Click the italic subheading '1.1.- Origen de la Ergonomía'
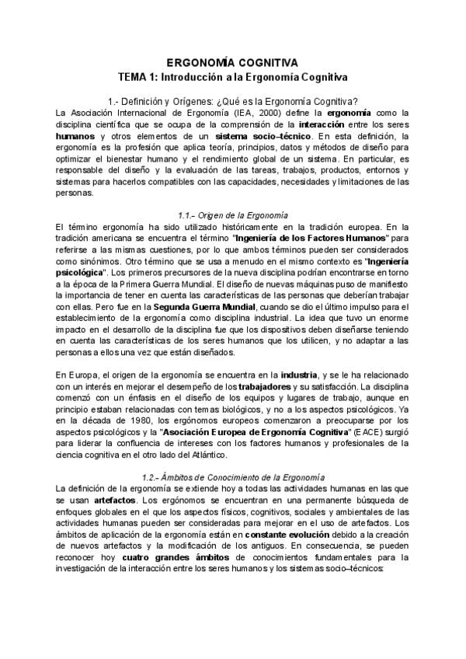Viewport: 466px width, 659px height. tap(233, 214)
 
